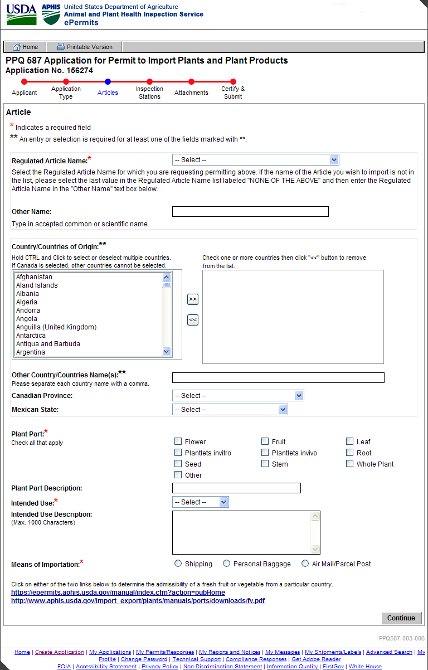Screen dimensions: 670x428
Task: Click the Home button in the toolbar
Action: click(x=25, y=47)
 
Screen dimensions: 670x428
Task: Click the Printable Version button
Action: click(x=85, y=47)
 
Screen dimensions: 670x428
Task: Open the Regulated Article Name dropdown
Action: click(x=256, y=160)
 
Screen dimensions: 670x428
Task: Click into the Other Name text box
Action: click(x=250, y=212)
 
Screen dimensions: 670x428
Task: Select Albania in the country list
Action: click(x=28, y=294)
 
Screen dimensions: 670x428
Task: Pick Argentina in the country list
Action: click(x=31, y=352)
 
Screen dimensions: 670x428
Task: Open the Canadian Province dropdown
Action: click(x=238, y=396)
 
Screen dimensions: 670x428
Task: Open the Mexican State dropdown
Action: click(x=230, y=410)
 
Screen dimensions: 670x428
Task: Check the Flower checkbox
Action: click(x=178, y=441)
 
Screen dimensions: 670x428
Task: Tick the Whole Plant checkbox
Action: click(x=350, y=464)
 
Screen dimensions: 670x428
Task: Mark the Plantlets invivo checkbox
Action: click(x=265, y=453)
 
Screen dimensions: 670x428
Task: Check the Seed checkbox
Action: click(x=178, y=464)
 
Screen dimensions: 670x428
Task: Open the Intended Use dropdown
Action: click(x=201, y=502)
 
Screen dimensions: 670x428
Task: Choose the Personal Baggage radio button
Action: click(x=227, y=564)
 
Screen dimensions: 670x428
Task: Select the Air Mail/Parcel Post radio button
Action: click(x=305, y=564)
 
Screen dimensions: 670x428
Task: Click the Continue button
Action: click(x=401, y=618)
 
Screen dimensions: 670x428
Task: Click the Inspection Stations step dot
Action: click(x=149, y=81)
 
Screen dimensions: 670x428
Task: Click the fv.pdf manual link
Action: click(x=138, y=601)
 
